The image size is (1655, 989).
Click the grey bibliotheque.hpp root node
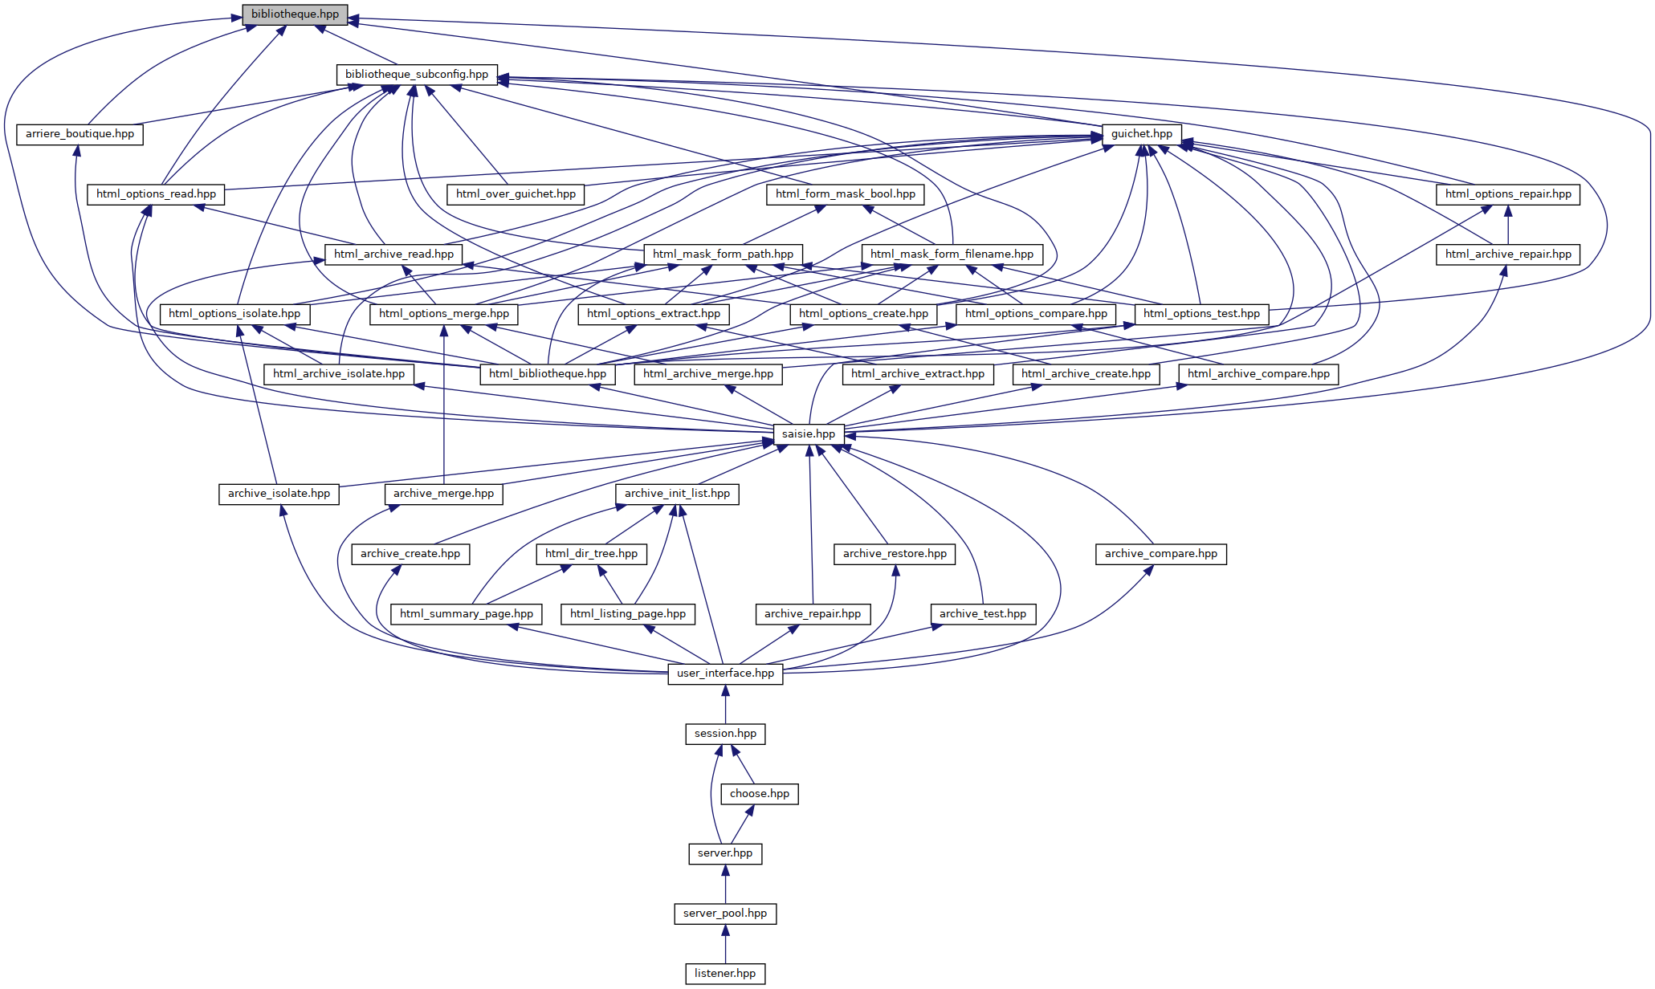295,14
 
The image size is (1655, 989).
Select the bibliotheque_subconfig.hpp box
416,75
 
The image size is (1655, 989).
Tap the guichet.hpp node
1141,134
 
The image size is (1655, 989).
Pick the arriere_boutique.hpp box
79,134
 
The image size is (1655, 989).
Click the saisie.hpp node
808,434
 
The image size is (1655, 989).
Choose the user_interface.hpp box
725,674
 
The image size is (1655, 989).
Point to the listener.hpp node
725,974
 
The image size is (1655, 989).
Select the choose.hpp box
759,794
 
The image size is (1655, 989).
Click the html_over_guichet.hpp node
516,194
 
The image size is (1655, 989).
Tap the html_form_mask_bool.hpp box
845,194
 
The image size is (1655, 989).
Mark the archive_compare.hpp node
1160,554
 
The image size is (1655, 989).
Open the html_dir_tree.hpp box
591,554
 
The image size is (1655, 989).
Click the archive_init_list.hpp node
677,494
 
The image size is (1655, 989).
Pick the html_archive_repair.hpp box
1507,254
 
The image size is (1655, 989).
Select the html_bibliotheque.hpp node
548,374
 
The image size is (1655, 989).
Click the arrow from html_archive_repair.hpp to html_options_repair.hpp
1507,225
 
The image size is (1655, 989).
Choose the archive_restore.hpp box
895,554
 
